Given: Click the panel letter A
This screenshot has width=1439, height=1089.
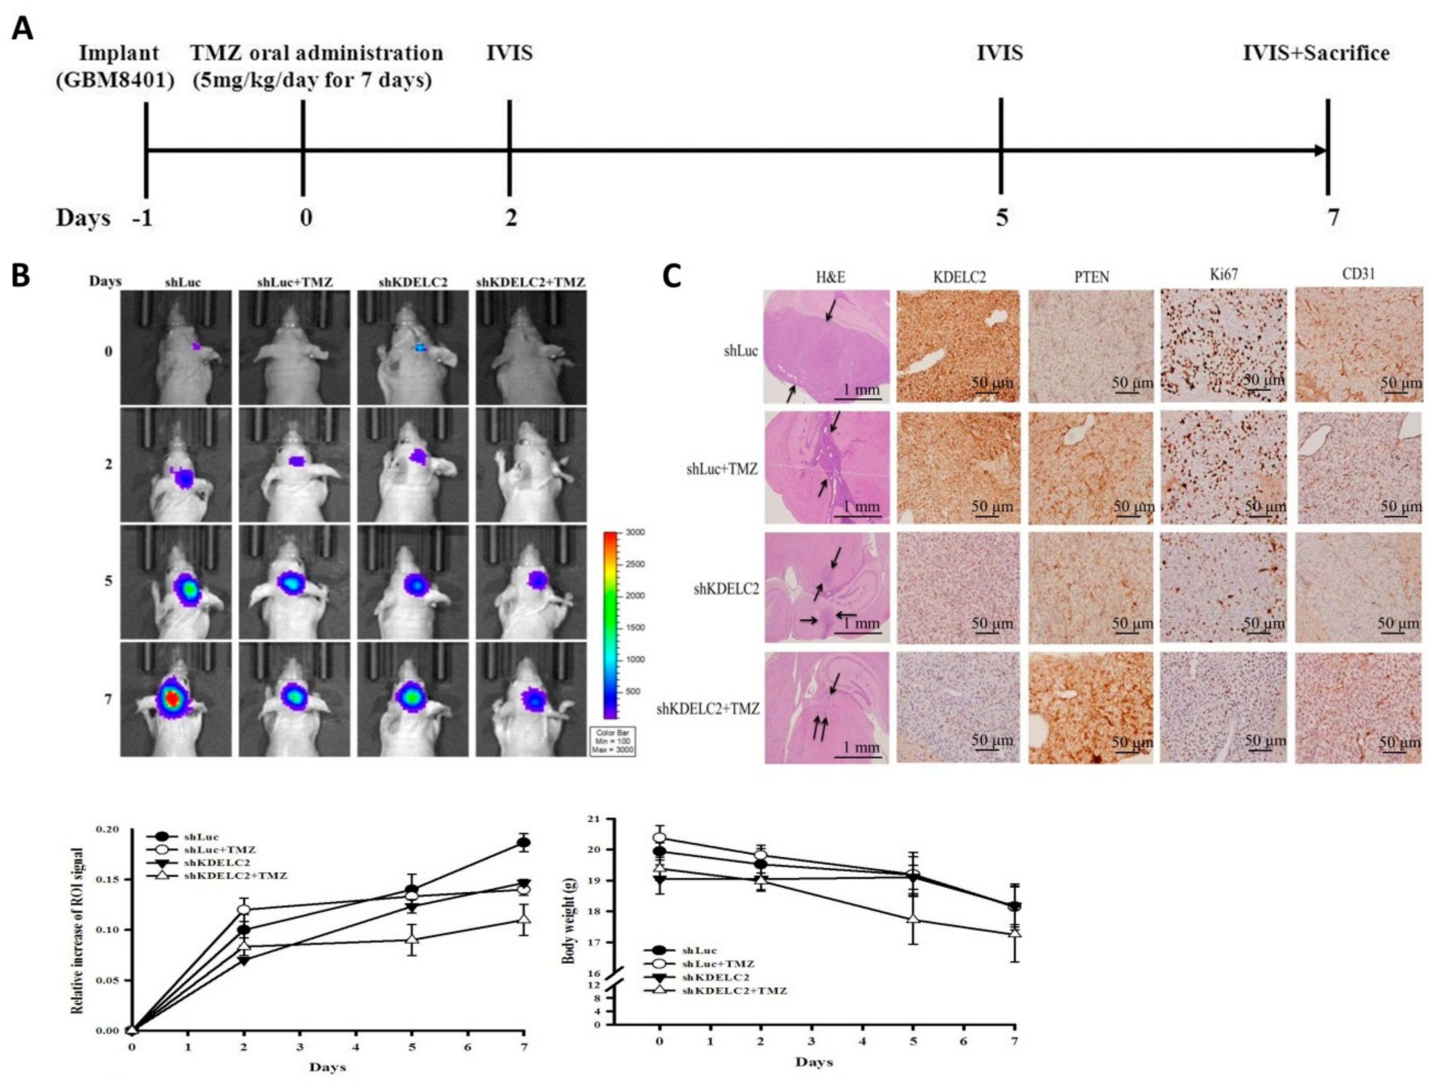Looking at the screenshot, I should point(23,29).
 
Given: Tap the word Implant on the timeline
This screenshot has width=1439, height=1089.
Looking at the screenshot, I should point(120,53).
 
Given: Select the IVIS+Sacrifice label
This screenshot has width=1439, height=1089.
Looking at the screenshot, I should point(1316,53).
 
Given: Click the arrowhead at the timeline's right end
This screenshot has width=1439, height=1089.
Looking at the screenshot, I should point(1321,150).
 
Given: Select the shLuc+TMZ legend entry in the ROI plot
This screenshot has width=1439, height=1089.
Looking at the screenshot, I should point(220,850).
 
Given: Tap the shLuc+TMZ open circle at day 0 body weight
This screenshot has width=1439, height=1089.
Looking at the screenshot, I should point(659,837).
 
